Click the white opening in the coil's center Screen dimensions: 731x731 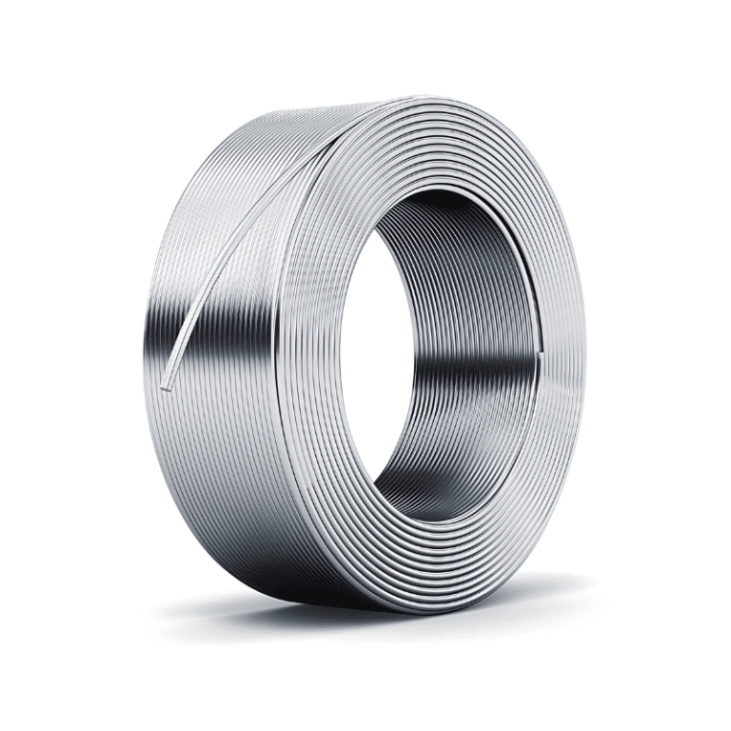[x=447, y=381]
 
